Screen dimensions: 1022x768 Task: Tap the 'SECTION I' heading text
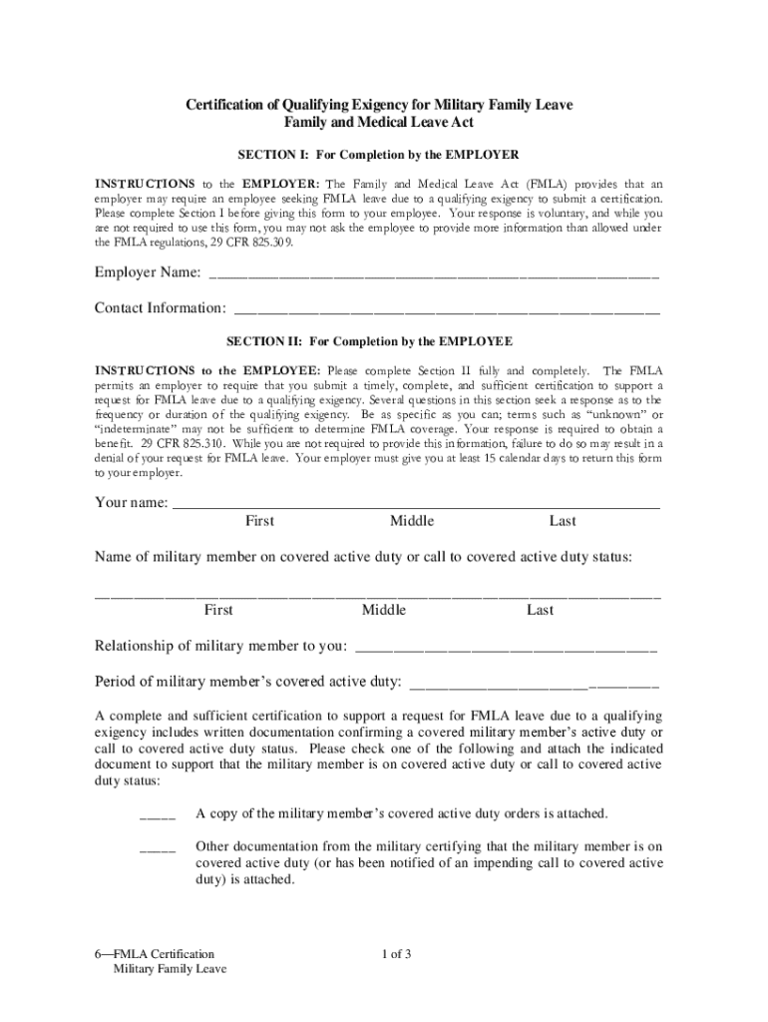377,156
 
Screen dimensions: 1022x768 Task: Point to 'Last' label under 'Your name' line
563,521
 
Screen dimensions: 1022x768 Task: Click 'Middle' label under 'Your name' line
412,521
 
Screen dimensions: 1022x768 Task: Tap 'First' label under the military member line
218,610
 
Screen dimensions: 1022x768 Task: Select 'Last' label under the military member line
541,610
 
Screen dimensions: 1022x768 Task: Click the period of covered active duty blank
534,686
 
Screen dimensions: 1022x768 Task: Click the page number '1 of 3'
396,954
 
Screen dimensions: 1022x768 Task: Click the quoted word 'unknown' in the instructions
609,414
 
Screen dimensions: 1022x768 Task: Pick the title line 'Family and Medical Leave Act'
380,123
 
